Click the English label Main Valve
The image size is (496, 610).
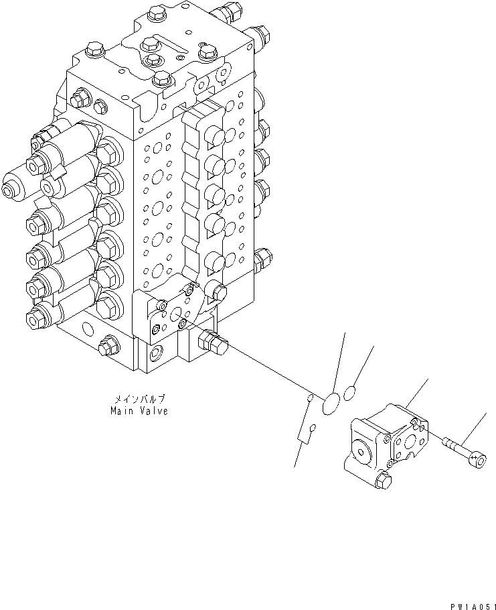[x=139, y=411]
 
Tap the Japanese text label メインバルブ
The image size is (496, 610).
[x=139, y=398]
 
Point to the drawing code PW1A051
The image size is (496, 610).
[x=471, y=605]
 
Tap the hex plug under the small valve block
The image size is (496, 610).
[x=384, y=479]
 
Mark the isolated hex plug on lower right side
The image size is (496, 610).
[x=264, y=256]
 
